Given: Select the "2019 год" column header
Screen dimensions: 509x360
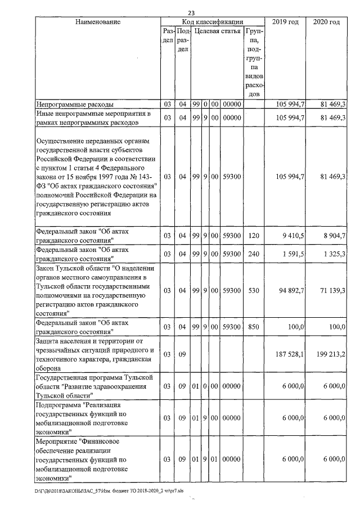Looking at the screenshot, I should tap(285, 22).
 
